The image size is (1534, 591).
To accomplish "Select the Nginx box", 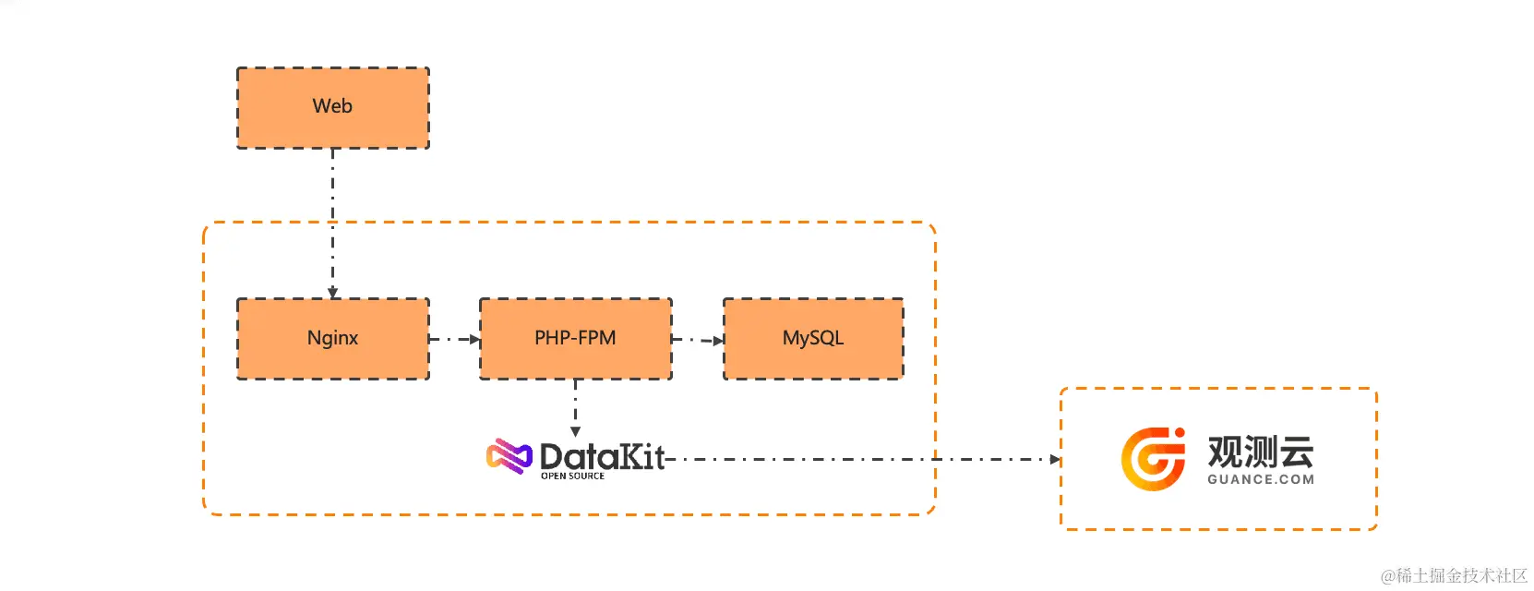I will tap(332, 338).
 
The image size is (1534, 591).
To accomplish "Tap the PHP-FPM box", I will tap(575, 338).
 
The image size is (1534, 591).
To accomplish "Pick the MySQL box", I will tap(812, 338).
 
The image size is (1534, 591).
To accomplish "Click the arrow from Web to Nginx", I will tap(332, 222).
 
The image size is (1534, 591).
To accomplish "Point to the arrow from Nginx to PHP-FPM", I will tap(454, 339).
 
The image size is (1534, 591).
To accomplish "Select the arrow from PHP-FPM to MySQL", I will tap(697, 340).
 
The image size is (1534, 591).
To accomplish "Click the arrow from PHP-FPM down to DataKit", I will tap(575, 406).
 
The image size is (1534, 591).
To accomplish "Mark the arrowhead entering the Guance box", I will tap(1055, 459).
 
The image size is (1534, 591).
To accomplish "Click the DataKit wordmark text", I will tap(602, 456).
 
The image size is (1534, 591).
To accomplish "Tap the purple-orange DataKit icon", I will tap(509, 456).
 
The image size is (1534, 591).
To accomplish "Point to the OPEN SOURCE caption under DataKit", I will tap(572, 476).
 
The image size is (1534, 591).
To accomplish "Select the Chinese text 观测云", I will tap(1260, 452).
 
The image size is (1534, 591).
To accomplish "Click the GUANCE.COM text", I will tap(1260, 479).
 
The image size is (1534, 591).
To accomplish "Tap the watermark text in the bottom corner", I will tap(1454, 575).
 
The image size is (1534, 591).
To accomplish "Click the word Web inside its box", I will tap(332, 105).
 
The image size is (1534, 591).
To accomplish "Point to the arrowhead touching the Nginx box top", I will tap(332, 293).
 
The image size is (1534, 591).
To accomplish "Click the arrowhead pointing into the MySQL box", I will tap(718, 340).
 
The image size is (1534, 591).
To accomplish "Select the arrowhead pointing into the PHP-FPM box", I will tap(475, 339).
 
